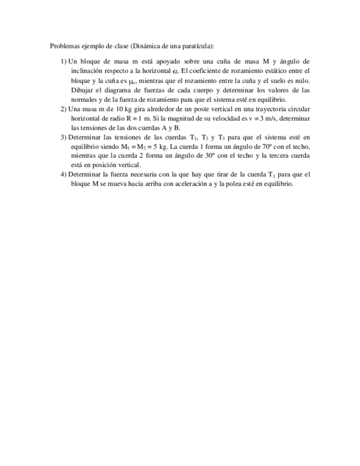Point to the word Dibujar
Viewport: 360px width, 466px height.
[x=82, y=90]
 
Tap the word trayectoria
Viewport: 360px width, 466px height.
[x=268, y=109]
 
